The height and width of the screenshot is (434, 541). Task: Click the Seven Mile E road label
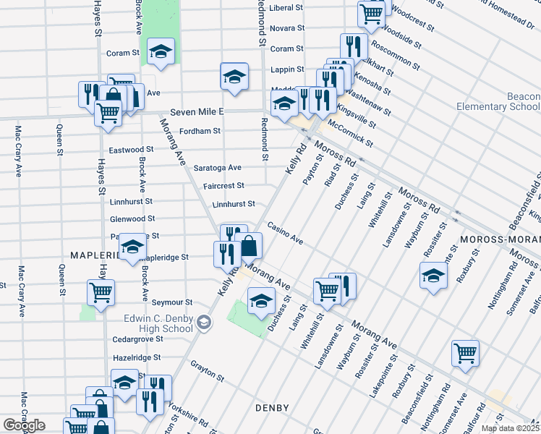[x=197, y=112]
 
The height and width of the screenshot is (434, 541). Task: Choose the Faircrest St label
[x=223, y=186]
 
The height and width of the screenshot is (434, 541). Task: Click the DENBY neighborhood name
[x=273, y=409]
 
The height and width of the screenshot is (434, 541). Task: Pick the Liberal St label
[x=286, y=8]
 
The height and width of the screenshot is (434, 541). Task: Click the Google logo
[x=24, y=425]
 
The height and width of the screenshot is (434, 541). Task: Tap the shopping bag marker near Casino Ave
[x=249, y=245]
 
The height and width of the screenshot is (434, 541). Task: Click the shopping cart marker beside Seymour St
[x=101, y=292]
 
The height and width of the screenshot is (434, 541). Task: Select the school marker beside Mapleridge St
[x=132, y=247]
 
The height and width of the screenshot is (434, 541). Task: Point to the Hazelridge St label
[x=137, y=357]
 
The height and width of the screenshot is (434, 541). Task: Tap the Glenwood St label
[x=132, y=218]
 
